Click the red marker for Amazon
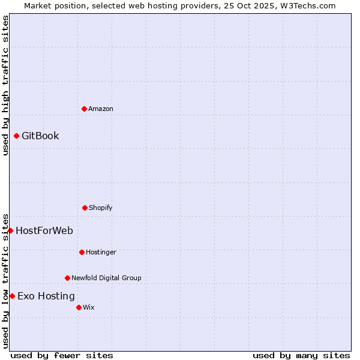[84, 109]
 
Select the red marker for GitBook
[16, 136]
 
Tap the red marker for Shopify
[85, 208]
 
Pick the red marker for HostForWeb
[10, 230]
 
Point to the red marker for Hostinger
[82, 252]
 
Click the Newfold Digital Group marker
[67, 278]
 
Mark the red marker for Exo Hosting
[12, 296]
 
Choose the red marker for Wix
[79, 307]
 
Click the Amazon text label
[101, 109]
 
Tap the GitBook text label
[40, 136]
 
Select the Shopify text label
[101, 208]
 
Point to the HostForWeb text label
[44, 230]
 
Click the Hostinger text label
[101, 252]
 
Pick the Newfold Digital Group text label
[106, 278]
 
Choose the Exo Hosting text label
[46, 296]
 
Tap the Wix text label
[89, 307]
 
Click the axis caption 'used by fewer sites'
[62, 355]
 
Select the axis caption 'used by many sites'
[301, 355]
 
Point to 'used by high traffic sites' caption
[5, 85]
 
